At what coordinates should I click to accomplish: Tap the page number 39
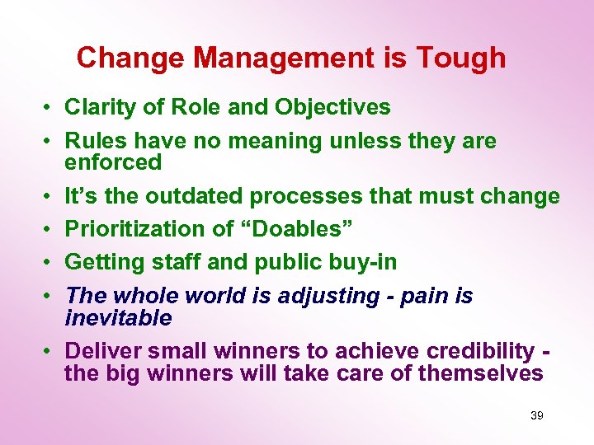pos(536,416)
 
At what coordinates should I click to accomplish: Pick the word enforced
pos(113,162)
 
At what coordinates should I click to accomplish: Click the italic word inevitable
pos(118,317)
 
